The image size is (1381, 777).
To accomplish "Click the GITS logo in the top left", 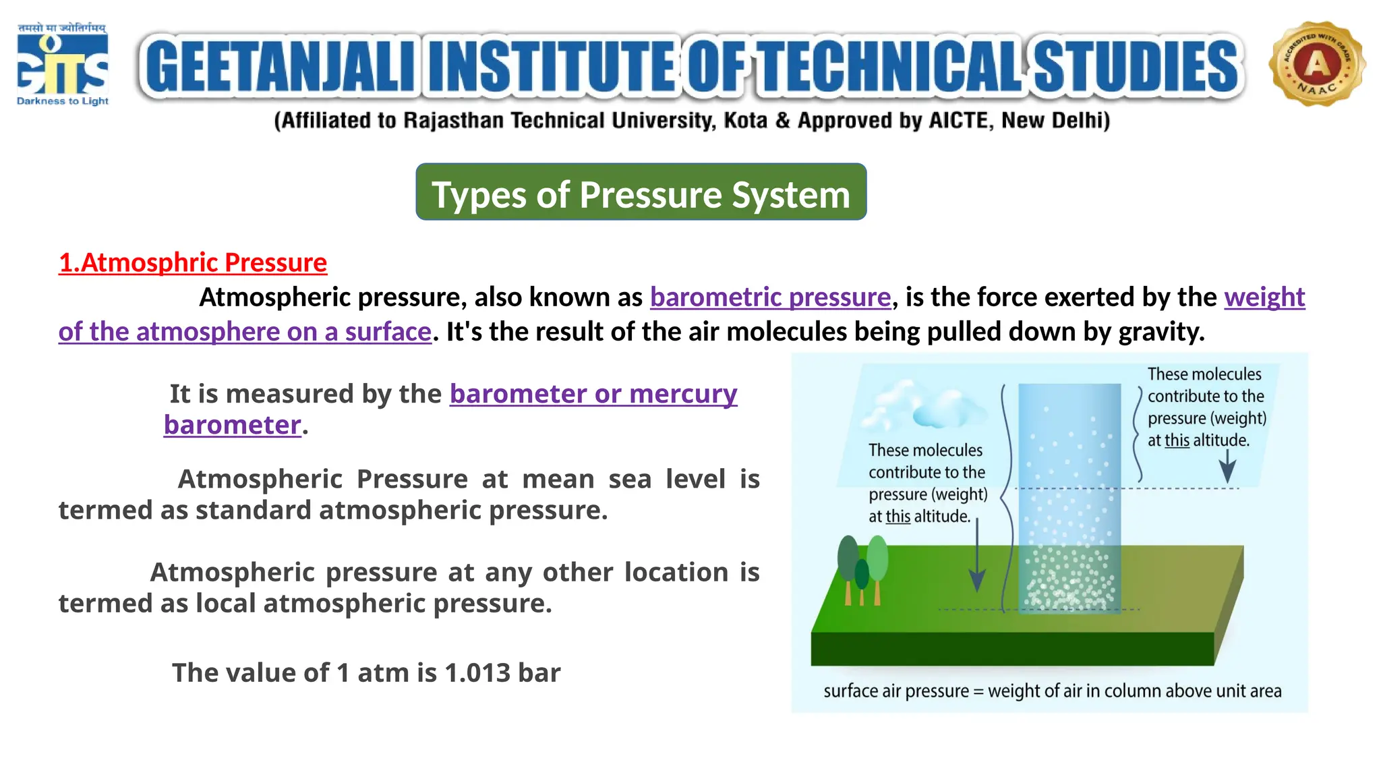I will tap(62, 64).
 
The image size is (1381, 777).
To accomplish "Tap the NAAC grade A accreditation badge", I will tap(1316, 64).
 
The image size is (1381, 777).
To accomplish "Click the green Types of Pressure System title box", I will tap(641, 192).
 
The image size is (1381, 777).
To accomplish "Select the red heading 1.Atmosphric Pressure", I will tap(193, 262).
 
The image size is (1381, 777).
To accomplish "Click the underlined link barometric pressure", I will tap(770, 297).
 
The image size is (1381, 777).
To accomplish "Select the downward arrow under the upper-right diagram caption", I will tap(1227, 467).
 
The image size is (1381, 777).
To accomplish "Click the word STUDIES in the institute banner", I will tap(1136, 66).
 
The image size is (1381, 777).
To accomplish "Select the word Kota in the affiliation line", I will tap(745, 121).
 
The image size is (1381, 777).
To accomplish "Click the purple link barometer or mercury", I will tap(593, 394).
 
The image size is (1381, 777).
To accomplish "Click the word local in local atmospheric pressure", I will tap(227, 604).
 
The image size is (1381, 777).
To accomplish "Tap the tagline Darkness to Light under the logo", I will tap(62, 101).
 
